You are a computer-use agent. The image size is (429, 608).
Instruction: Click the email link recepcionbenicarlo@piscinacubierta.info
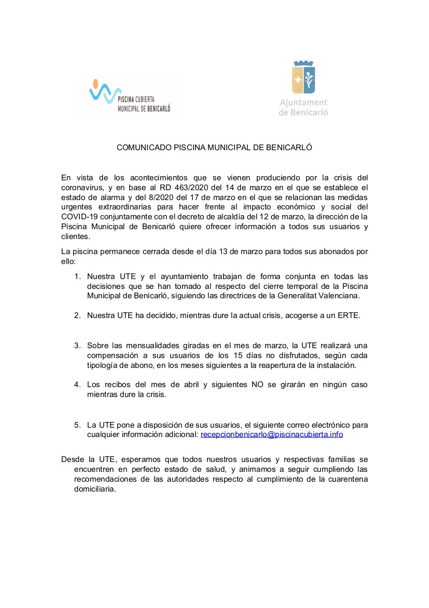[272, 434]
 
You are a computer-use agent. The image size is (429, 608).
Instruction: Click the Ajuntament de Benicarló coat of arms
[303, 78]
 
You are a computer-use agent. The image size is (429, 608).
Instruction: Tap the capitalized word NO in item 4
[254, 385]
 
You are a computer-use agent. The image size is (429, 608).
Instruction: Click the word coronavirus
[83, 188]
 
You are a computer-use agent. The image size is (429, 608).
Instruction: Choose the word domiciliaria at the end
[95, 489]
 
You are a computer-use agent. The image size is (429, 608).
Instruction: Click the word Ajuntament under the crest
[303, 103]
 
